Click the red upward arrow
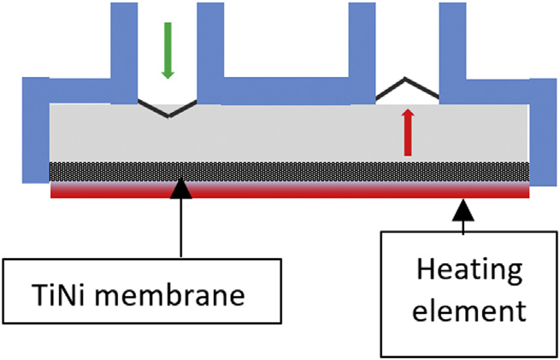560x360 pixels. coord(408,133)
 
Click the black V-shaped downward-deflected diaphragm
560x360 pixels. coord(168,109)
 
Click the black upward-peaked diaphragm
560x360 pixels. coord(407,86)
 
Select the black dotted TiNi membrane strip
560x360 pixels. coord(291,171)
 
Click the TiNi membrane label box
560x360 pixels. coord(142,296)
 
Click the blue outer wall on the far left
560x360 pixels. coord(35,128)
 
